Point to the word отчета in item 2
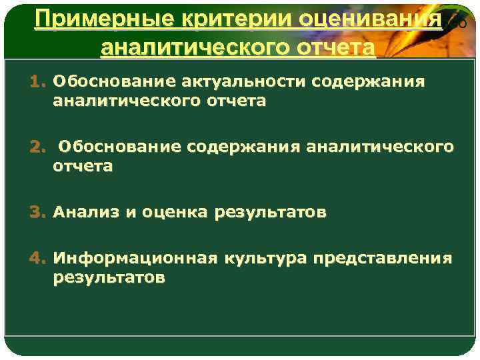(x=83, y=167)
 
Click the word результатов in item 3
(x=270, y=213)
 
